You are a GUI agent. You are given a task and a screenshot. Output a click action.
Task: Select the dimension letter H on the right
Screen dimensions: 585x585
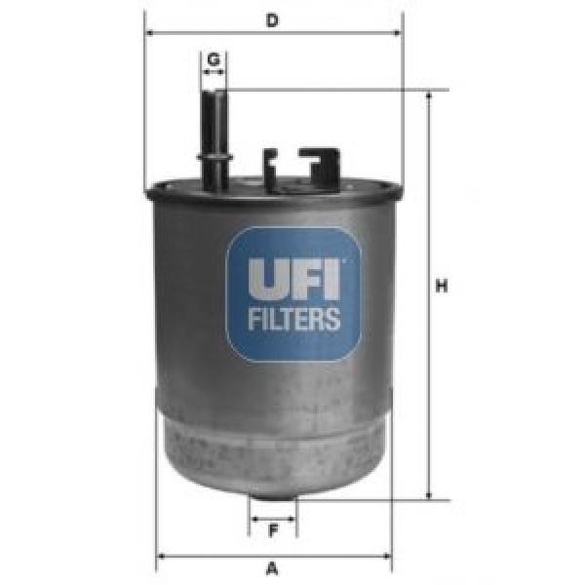click(x=442, y=287)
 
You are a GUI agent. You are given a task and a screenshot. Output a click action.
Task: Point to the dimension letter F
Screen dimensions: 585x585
click(x=273, y=531)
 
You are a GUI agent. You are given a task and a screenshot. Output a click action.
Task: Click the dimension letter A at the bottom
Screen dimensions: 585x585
click(x=273, y=568)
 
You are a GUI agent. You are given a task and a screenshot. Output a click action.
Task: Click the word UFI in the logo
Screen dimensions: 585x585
click(x=292, y=277)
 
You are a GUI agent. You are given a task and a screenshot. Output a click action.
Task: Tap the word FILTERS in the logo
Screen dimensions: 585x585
click(x=292, y=319)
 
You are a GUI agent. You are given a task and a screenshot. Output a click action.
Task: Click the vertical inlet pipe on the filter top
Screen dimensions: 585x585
click(x=214, y=127)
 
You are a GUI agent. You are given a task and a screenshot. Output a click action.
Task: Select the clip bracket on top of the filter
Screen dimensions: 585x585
click(x=302, y=166)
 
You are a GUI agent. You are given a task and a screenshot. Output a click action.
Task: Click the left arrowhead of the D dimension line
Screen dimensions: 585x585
click(x=150, y=32)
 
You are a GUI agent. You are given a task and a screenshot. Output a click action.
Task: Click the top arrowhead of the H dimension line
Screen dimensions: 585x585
click(x=428, y=97)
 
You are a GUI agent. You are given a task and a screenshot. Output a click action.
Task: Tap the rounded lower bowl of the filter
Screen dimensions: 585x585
click(x=273, y=448)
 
